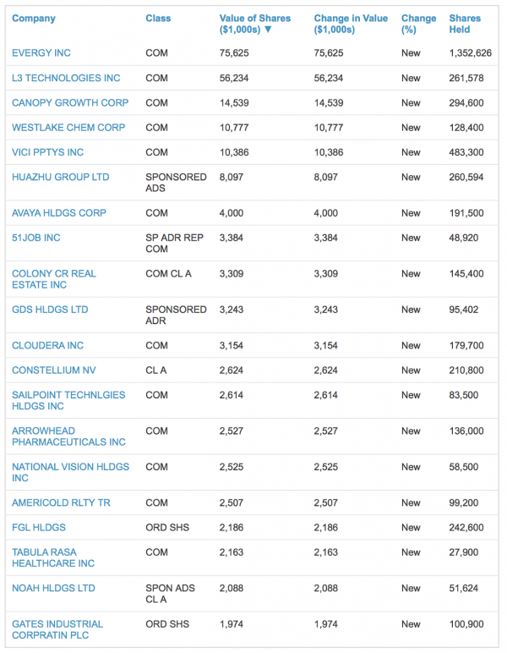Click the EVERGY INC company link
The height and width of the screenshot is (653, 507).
coord(41,53)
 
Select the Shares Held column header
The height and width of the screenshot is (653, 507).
coord(465,25)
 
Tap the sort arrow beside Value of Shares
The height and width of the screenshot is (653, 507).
coord(268,30)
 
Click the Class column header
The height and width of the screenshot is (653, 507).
coord(158,19)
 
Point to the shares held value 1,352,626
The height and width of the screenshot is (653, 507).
coord(471,53)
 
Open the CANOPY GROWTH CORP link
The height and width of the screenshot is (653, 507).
coord(70,103)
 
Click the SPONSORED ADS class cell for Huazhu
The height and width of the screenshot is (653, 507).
coord(176,183)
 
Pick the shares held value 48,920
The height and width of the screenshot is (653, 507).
coord(464,238)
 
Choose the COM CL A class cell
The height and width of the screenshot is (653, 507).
coord(168,273)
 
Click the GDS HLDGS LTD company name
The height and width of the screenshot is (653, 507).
coord(50,310)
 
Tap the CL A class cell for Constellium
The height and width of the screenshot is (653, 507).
coord(156,370)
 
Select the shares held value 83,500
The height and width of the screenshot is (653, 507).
coord(464,395)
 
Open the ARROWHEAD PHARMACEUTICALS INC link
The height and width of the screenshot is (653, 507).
coord(68,436)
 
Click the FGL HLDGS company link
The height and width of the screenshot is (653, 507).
coord(39,528)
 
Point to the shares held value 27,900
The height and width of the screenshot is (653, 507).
coord(464,552)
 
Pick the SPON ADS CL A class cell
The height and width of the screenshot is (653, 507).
coord(170,594)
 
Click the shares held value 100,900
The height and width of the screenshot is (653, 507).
coord(466,624)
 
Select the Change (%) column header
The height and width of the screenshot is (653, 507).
coord(419,25)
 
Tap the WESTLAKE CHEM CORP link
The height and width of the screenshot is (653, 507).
coord(68,128)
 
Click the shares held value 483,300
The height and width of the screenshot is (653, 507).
coord(466,152)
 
